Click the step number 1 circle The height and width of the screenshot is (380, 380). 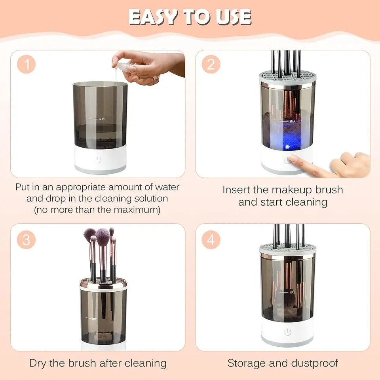click(27, 65)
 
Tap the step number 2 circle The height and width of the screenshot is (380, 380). click(211, 65)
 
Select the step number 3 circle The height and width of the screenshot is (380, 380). click(27, 240)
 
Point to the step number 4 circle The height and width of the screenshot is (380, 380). click(211, 240)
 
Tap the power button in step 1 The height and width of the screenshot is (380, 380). click(98, 160)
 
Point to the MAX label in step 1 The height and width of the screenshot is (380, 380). click(102, 119)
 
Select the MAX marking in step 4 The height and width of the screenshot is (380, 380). click(292, 293)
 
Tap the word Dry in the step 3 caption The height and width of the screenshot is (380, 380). click(38, 363)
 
